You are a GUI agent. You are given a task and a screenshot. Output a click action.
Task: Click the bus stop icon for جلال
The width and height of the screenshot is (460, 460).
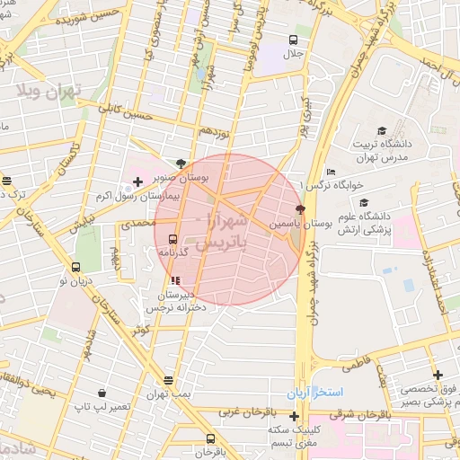[294, 40]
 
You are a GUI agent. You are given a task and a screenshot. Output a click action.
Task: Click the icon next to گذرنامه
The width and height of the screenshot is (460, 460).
[172, 240]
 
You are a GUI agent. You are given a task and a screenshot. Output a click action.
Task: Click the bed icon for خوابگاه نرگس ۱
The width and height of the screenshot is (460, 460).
[332, 172]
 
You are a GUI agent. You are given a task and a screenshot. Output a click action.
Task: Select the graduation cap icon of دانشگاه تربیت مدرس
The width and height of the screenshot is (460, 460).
[382, 131]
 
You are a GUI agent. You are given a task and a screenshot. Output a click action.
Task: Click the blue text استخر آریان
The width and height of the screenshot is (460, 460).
[310, 394]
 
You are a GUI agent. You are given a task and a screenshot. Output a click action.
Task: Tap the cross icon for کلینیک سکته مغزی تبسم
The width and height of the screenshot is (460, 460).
[294, 415]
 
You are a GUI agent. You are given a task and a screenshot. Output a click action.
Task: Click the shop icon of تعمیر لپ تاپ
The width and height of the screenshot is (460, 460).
[102, 394]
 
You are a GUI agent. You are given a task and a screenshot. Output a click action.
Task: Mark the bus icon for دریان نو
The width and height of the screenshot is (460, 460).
[75, 267]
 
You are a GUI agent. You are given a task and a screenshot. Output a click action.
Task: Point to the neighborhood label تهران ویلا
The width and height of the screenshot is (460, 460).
[49, 91]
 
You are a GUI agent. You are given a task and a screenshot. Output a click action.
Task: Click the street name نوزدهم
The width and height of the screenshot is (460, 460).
[218, 131]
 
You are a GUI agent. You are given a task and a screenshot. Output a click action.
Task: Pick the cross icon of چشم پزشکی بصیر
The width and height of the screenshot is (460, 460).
[438, 375]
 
